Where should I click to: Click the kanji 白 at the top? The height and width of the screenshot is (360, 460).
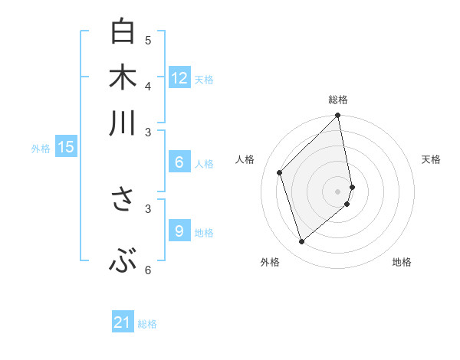coord(123,32)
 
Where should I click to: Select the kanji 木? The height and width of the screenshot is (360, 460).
coord(123,78)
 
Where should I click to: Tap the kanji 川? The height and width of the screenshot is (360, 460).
coord(123,123)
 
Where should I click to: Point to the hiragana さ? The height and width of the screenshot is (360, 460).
coord(123,199)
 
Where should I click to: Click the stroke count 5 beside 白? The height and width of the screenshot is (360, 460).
coord(148,40)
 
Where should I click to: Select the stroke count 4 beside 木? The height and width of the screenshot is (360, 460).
coord(148,86)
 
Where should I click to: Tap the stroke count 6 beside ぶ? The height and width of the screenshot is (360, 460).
coord(148,270)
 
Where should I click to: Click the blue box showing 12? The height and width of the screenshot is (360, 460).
coord(179,77)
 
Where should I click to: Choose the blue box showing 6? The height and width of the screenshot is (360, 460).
coord(179,162)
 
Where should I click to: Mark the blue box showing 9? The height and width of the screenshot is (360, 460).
coord(179,231)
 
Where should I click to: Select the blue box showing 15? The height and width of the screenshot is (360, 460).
coord(66,147)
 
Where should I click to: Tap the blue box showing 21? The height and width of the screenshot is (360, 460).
coord(123,322)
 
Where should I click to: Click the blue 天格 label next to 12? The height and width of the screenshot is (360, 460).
coord(204,79)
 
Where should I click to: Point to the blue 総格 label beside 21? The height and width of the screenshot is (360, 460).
coord(147,324)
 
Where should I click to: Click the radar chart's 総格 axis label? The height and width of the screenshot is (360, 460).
coord(338,100)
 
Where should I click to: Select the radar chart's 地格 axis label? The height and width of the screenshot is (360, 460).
coord(402,262)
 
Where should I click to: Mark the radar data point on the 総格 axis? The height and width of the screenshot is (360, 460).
coord(338,116)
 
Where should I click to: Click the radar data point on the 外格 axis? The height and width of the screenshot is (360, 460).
coord(301,242)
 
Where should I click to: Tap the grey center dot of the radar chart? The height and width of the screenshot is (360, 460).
coord(338,191)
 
